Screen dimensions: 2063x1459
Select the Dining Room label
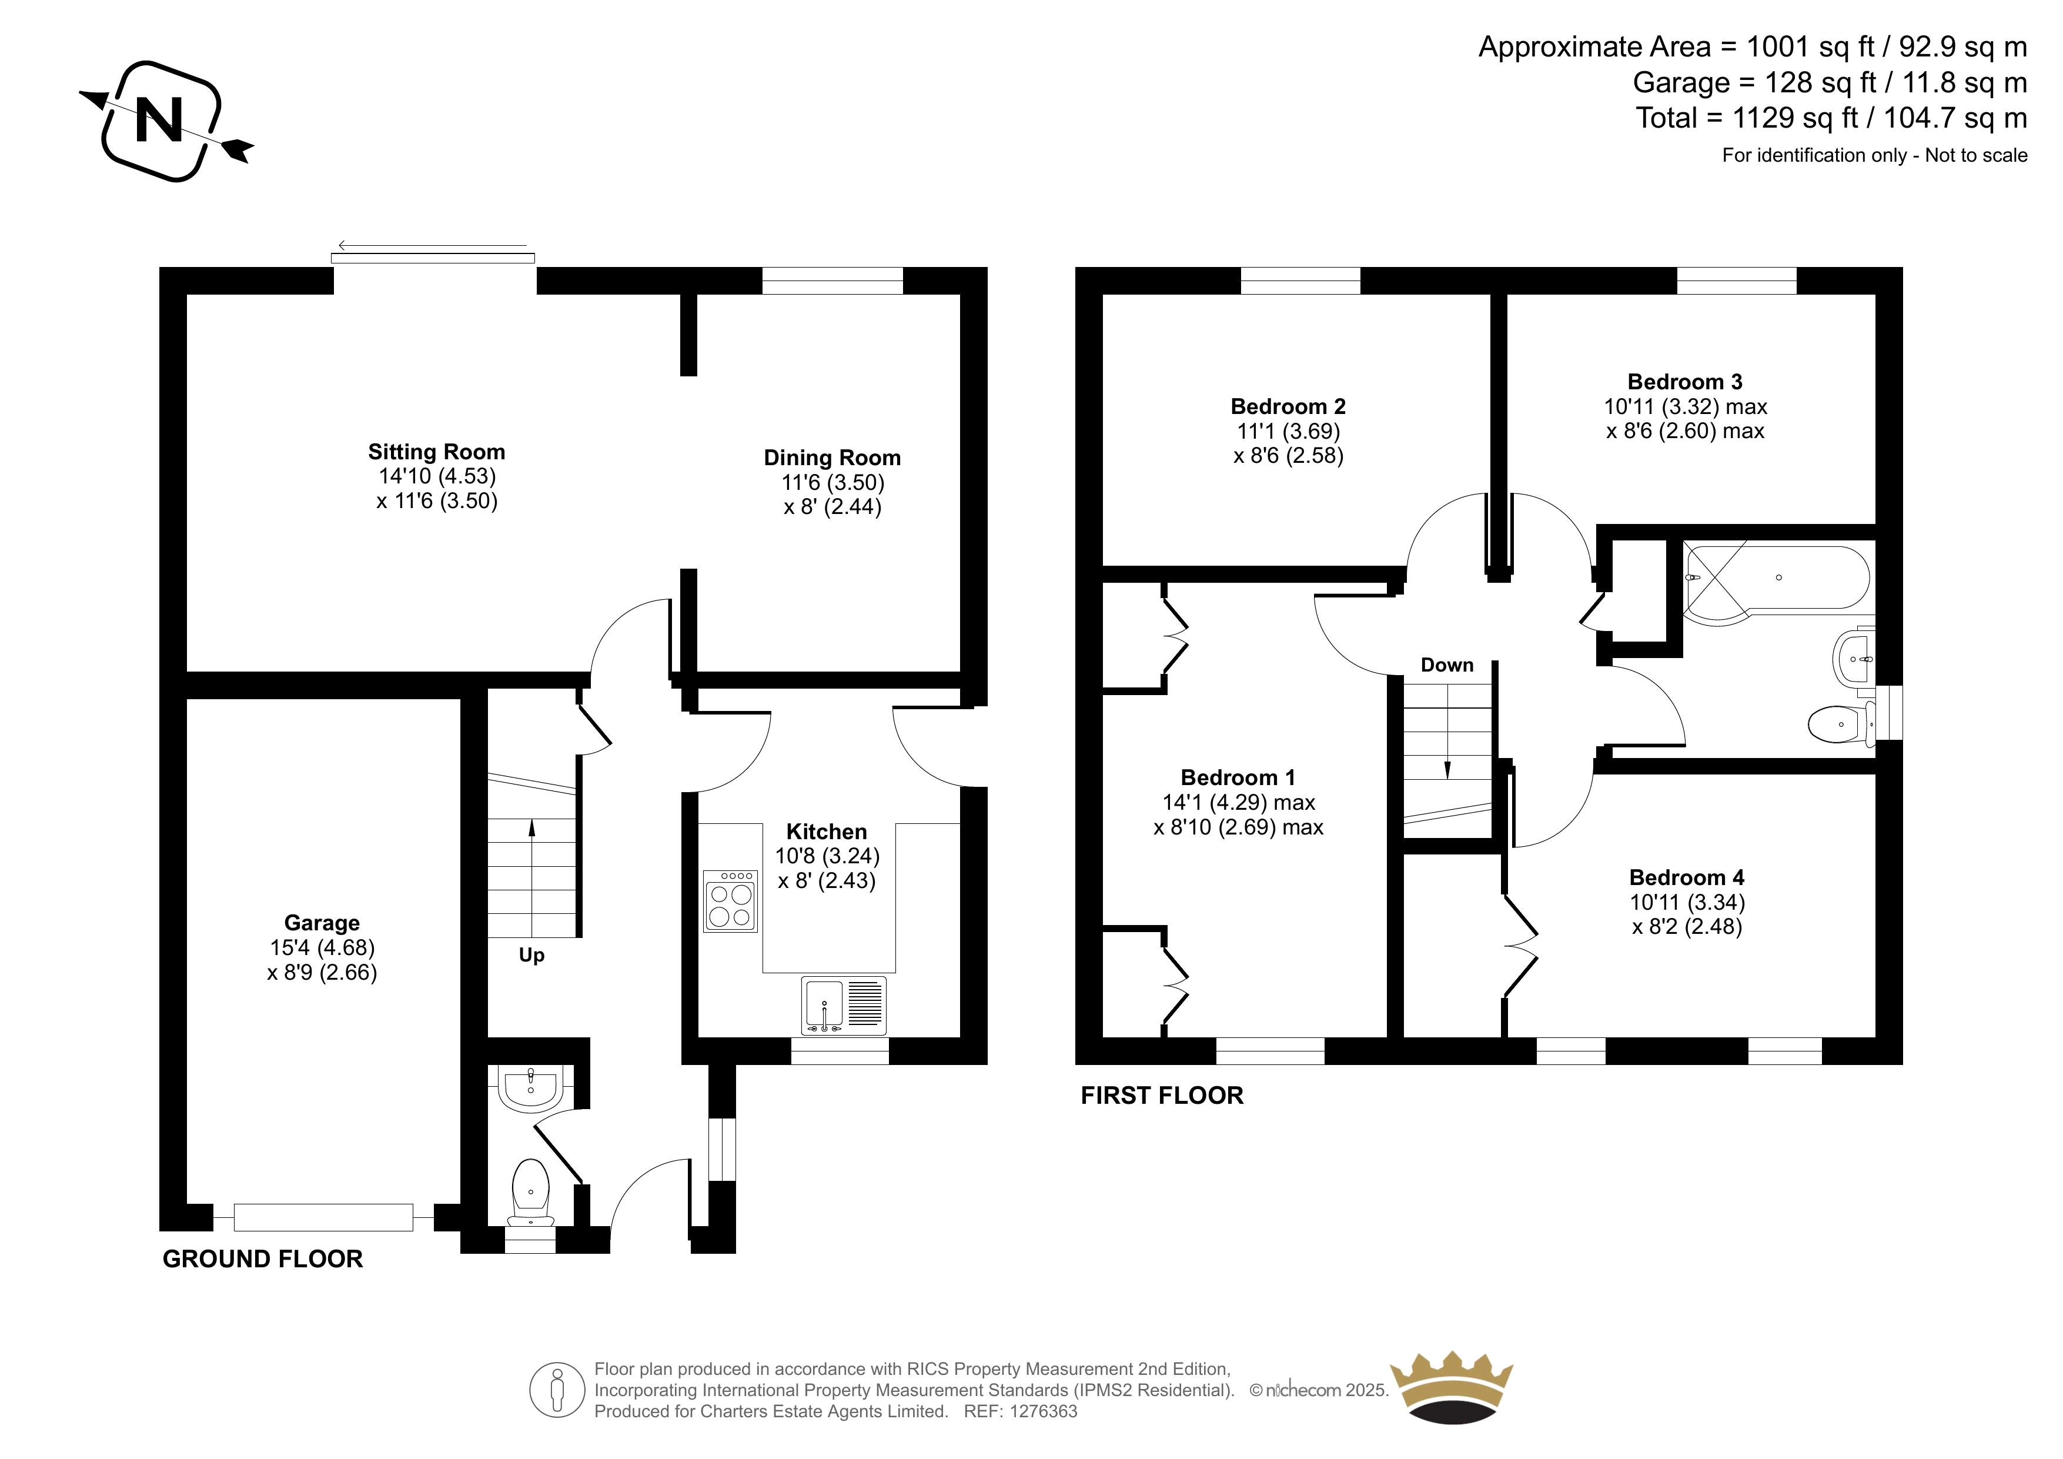(x=832, y=458)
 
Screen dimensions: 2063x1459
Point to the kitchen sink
(x=844, y=1005)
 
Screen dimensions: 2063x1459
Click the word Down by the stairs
(x=1447, y=665)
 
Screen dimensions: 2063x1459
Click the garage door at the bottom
(x=323, y=1217)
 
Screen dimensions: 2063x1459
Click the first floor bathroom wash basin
(x=1854, y=659)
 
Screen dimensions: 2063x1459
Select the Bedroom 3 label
(x=1685, y=382)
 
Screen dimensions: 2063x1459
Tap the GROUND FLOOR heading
(x=262, y=1258)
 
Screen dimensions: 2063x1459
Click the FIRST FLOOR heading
(x=1162, y=1095)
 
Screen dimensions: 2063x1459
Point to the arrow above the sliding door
(x=432, y=245)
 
